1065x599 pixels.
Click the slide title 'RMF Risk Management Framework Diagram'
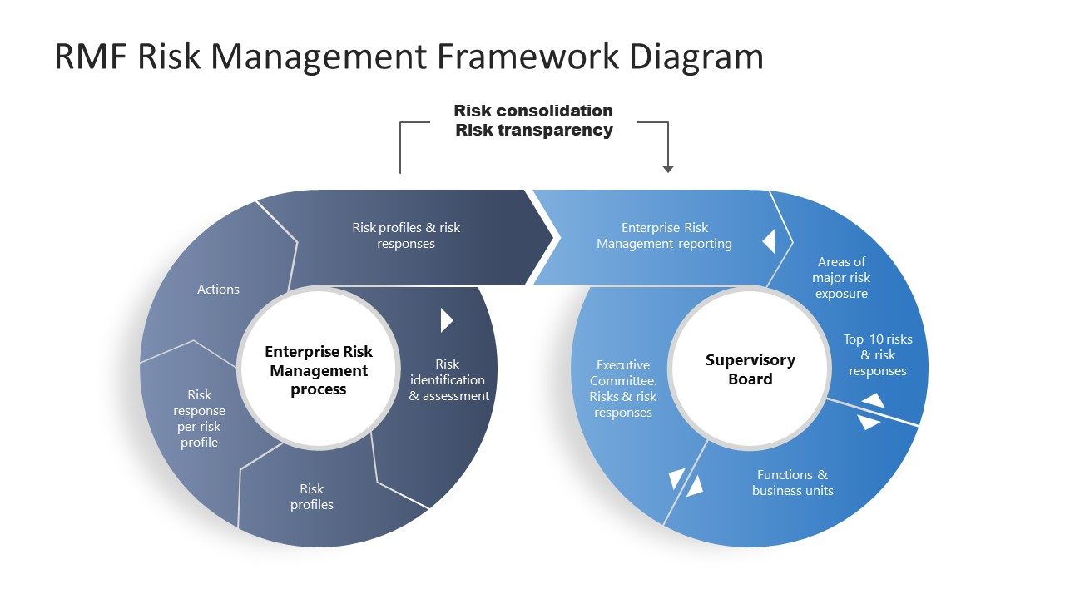[x=409, y=57]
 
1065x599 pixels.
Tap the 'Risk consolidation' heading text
[x=533, y=111]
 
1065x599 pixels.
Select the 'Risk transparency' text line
[x=533, y=130]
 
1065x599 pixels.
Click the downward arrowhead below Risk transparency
[x=668, y=169]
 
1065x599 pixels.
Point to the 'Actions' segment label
[x=218, y=290]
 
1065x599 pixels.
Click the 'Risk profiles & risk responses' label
[x=406, y=235]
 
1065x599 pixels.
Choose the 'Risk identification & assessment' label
[x=448, y=379]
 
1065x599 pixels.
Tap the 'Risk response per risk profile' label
[x=200, y=418]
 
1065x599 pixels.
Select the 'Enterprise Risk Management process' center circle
[x=319, y=370]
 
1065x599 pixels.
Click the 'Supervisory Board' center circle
[x=750, y=369]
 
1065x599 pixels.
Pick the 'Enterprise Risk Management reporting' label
[x=664, y=235]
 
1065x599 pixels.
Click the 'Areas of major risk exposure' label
[x=841, y=278]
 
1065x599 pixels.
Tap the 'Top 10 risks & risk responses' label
[x=878, y=355]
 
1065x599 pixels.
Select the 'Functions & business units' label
[x=792, y=483]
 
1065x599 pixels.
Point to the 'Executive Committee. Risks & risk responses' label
[x=623, y=389]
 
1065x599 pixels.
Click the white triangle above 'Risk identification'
[x=446, y=320]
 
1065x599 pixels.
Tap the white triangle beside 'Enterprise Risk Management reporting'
[x=769, y=241]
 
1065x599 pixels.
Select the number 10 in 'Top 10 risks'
[x=876, y=339]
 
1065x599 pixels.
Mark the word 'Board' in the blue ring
[x=750, y=379]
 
